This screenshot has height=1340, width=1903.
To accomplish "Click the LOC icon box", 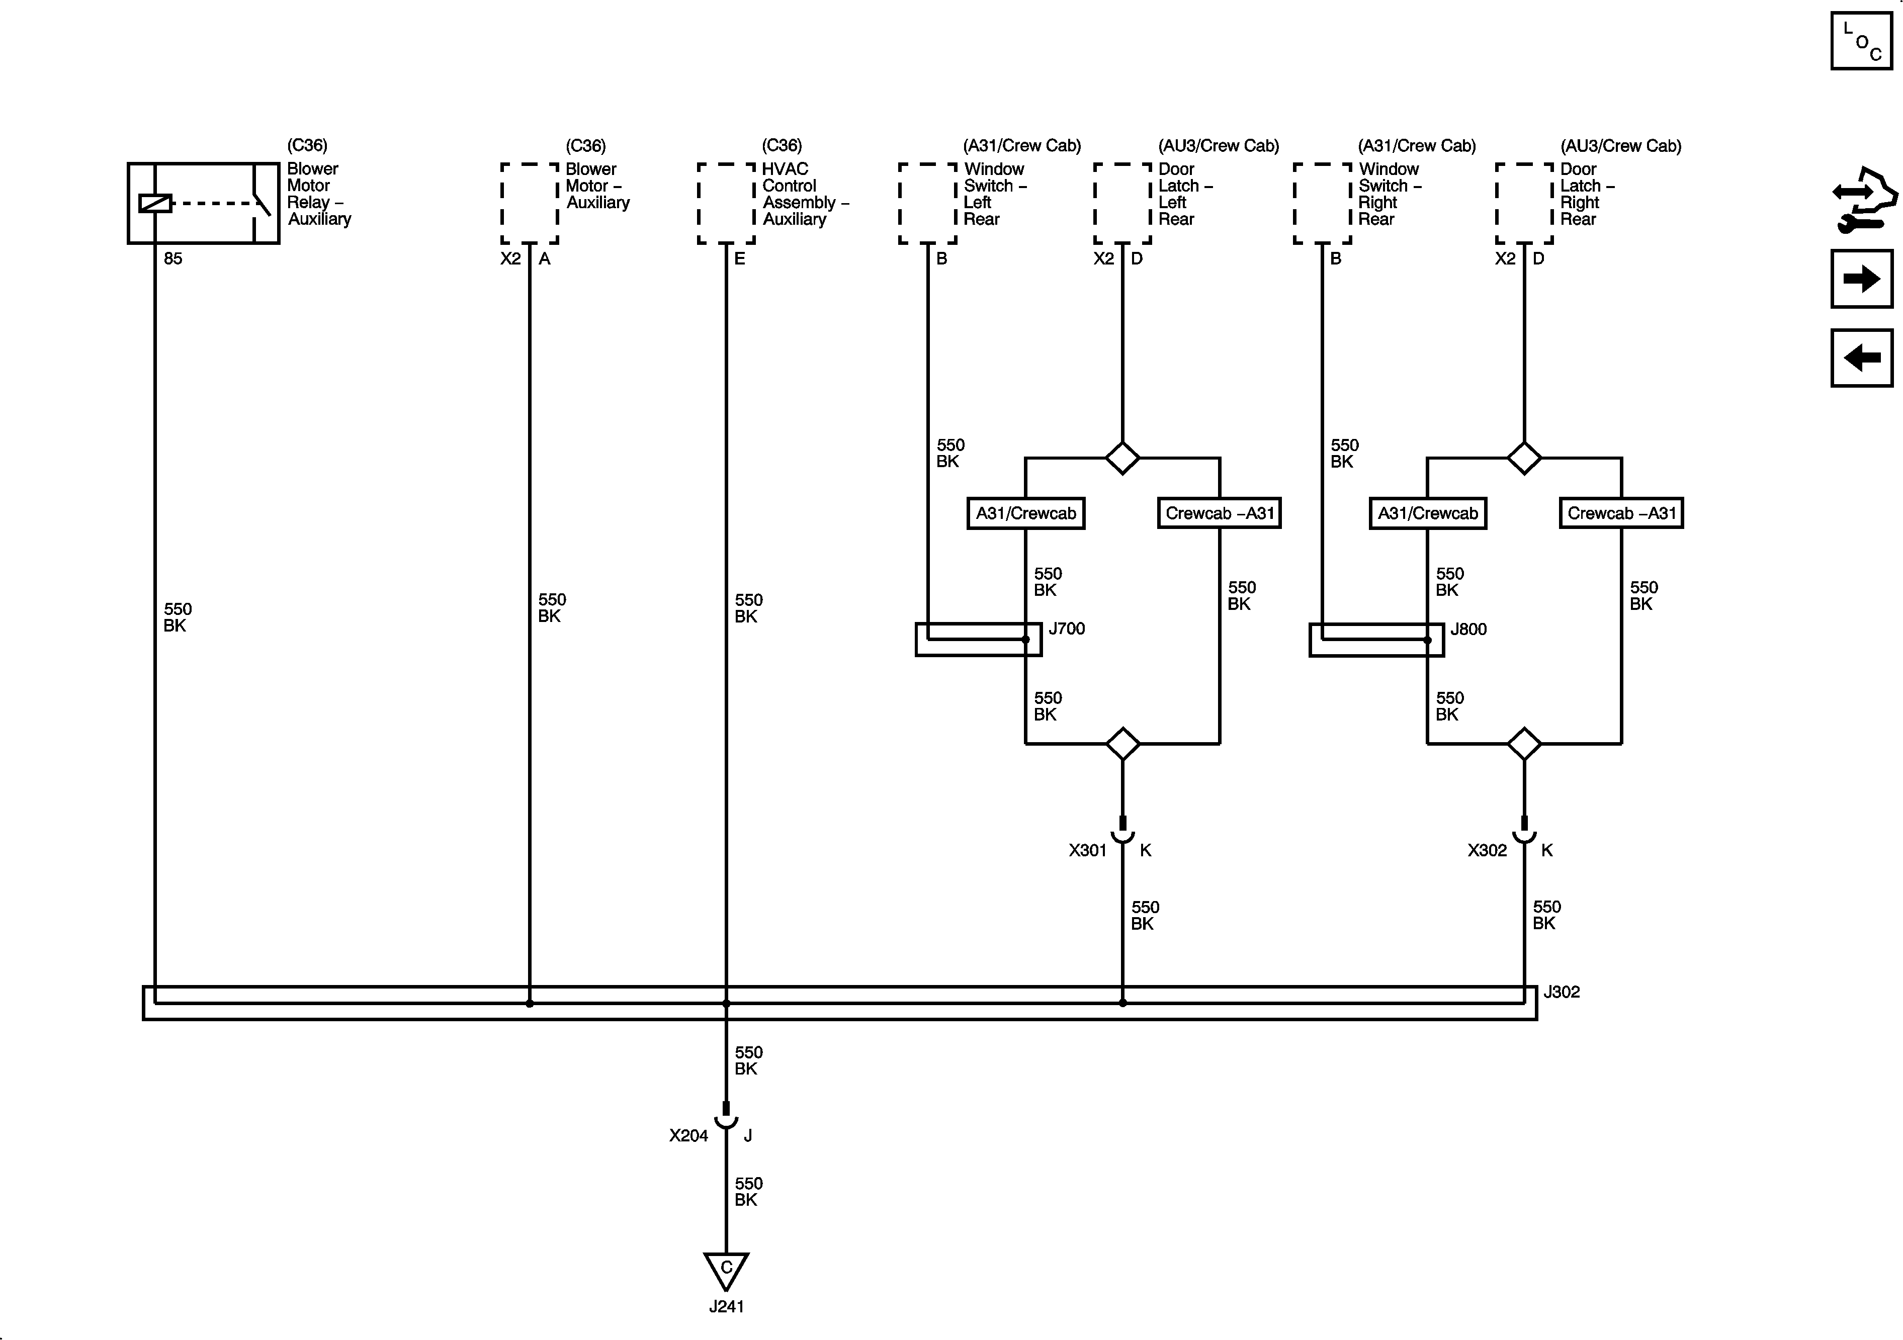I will (1862, 41).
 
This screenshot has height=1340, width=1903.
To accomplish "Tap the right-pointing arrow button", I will (1862, 279).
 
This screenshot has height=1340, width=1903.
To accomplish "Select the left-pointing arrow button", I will (1862, 358).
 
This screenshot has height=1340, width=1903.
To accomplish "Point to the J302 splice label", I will (1562, 992).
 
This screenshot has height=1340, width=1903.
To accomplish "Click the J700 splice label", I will (1067, 629).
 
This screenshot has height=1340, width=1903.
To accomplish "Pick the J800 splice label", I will (1468, 629).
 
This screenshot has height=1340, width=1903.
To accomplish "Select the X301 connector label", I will (1087, 850).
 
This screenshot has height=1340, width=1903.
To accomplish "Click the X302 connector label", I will (1487, 850).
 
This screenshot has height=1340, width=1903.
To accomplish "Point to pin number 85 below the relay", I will (172, 258).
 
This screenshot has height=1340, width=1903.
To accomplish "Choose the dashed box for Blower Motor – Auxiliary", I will (530, 204).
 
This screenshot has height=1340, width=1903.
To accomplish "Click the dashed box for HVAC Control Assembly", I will (726, 204).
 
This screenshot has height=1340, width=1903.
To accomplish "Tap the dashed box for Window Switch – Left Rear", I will (927, 204).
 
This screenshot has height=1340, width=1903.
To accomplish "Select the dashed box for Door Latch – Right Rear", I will (1524, 204).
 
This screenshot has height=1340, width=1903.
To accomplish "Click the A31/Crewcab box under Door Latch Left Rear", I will (1026, 513).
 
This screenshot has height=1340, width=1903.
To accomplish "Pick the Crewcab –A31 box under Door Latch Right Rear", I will (1621, 513).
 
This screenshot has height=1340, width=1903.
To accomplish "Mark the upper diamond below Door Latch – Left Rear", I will (1122, 458).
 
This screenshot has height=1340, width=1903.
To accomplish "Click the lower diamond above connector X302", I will (1524, 743).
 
